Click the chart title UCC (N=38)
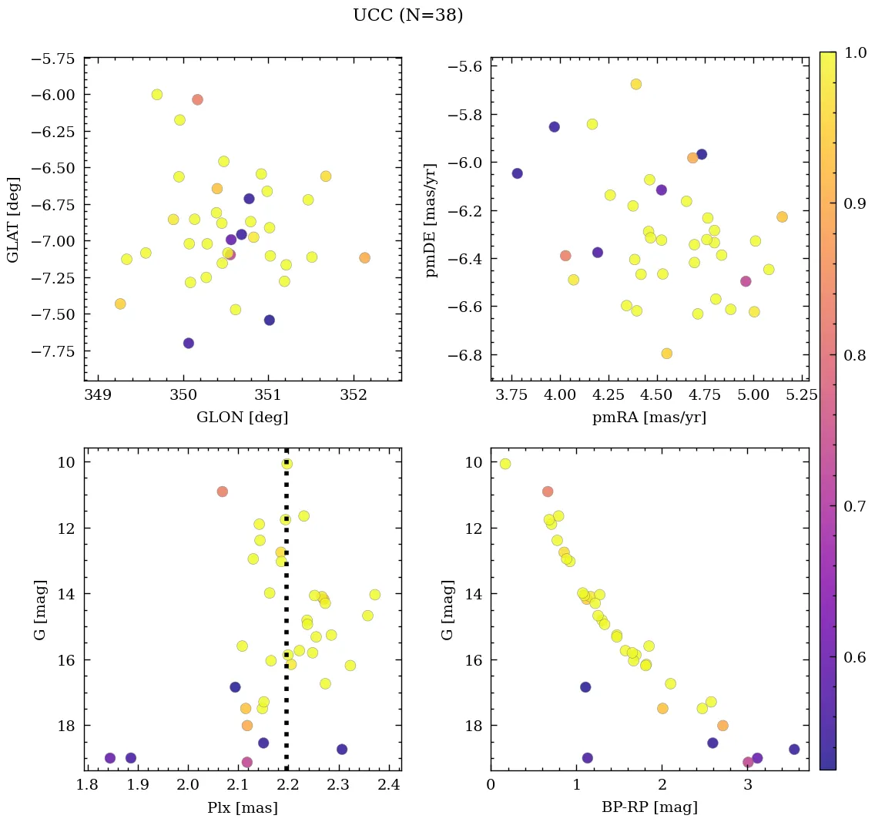(x=408, y=15)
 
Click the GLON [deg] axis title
(x=243, y=418)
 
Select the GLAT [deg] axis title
(x=14, y=220)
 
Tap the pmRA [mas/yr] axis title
(x=649, y=418)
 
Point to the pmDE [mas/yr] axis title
(x=431, y=220)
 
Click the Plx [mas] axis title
(x=243, y=808)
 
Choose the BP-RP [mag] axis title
(x=649, y=808)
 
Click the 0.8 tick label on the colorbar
(x=854, y=355)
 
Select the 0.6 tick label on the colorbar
(x=854, y=657)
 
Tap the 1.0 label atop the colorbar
(x=854, y=53)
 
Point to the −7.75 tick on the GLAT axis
(x=52, y=351)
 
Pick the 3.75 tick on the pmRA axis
(x=511, y=397)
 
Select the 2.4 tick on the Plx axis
(x=387, y=787)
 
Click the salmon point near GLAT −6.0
(x=197, y=99)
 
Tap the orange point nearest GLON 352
(x=364, y=257)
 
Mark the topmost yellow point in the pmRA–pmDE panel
(x=636, y=84)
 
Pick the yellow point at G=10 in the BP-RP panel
(x=505, y=464)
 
